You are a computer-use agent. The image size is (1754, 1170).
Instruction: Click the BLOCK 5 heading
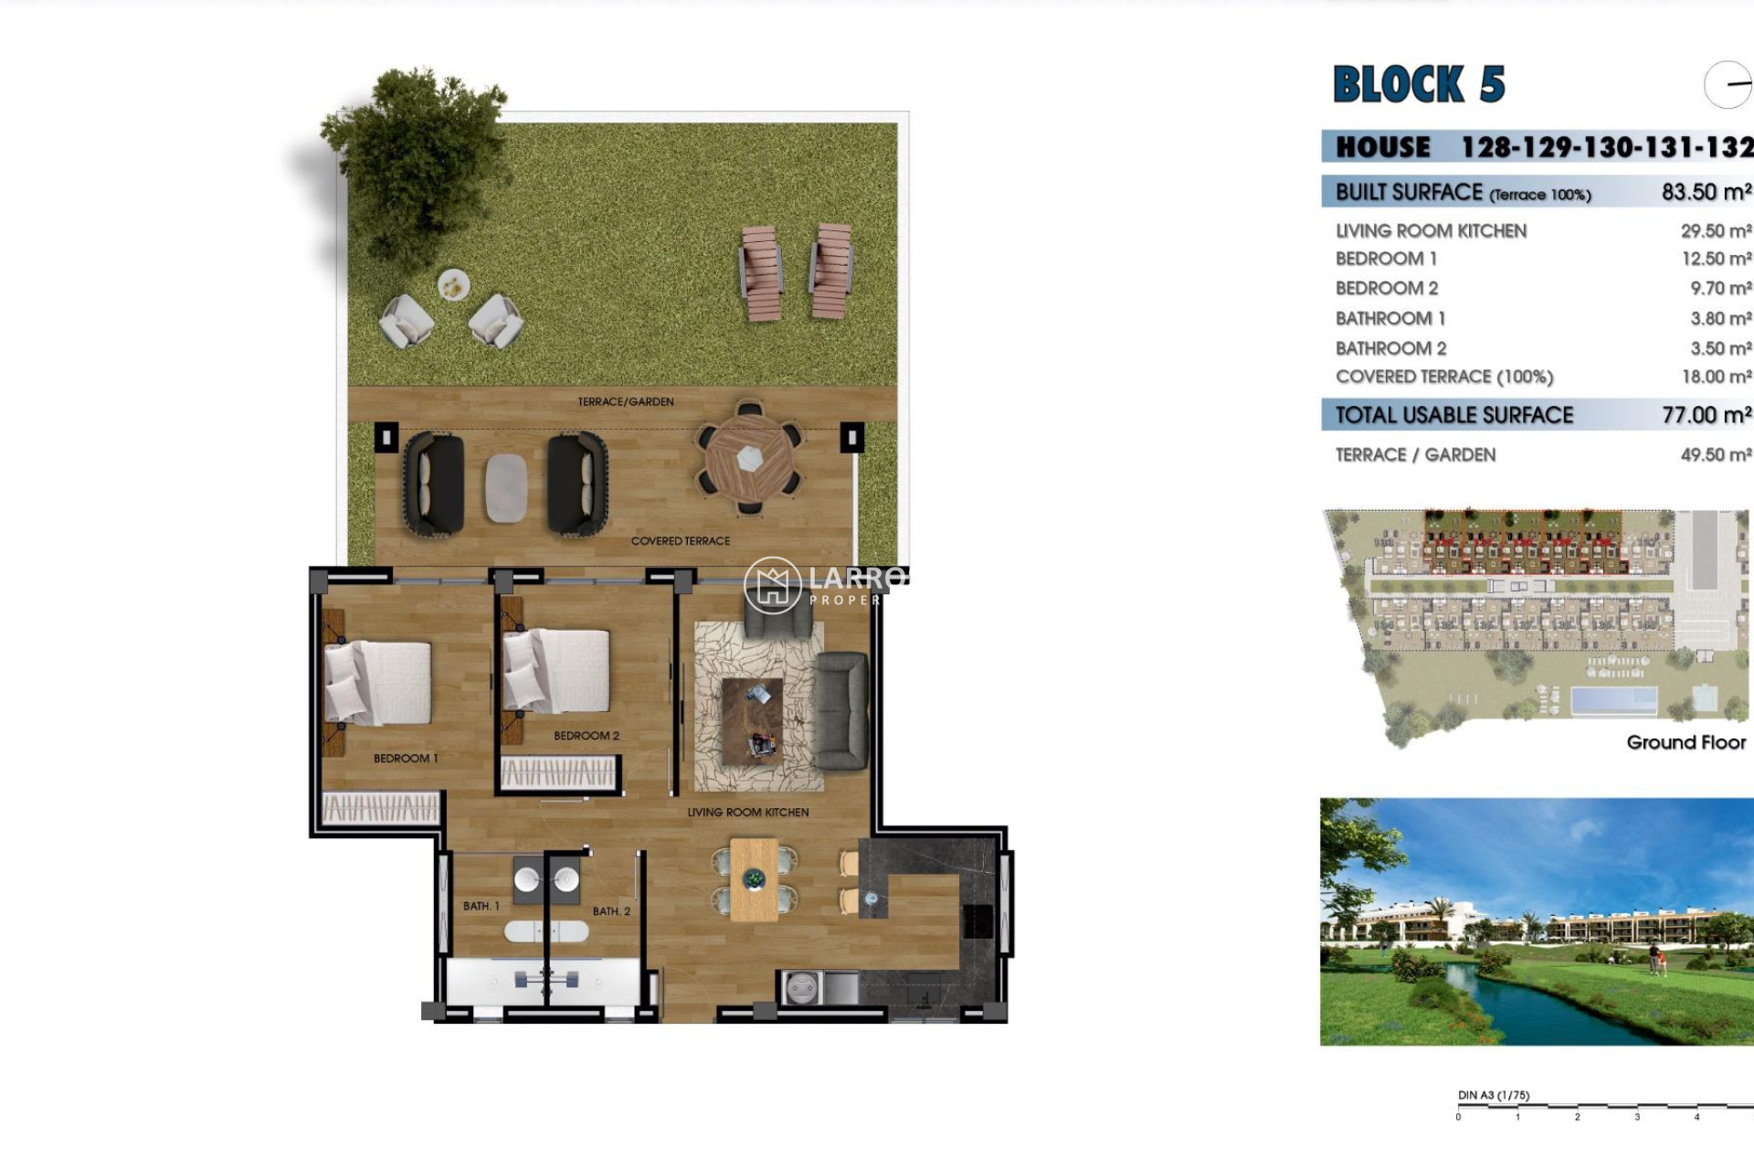1418,84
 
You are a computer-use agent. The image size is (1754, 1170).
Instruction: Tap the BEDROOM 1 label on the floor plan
406,759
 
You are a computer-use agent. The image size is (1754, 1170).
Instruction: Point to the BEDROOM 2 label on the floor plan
586,736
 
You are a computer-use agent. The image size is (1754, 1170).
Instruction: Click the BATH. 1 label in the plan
481,906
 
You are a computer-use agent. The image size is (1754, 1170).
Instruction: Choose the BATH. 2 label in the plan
611,911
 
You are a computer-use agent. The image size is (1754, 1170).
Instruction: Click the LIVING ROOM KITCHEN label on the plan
747,812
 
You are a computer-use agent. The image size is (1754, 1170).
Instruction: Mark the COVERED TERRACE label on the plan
681,541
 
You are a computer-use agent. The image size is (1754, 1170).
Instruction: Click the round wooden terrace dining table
749,458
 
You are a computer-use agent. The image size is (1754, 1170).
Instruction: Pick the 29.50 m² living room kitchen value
1715,231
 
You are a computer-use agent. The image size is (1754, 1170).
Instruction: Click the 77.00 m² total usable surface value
1706,415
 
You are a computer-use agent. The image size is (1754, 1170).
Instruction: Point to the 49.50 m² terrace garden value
1715,455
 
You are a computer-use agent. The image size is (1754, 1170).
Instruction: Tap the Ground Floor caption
1685,742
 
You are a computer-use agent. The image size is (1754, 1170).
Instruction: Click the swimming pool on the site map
1613,701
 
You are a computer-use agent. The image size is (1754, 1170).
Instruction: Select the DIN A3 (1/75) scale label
1494,1095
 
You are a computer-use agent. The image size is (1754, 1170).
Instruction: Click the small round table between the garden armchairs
453,286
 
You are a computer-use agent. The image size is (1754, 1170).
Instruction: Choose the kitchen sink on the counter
802,988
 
